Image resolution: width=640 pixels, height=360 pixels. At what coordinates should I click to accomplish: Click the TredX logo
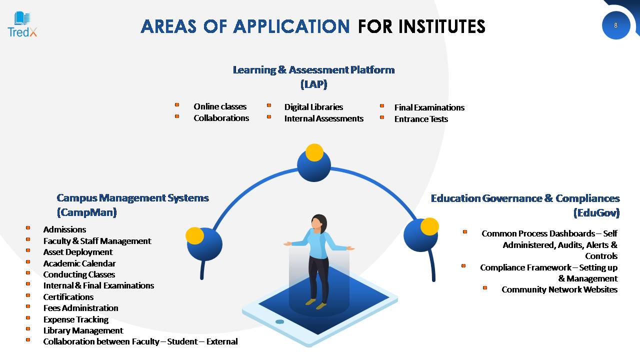(22, 24)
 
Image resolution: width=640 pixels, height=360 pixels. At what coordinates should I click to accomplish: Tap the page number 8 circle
(615, 25)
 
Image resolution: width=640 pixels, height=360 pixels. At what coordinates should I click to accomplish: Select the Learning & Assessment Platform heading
(313, 77)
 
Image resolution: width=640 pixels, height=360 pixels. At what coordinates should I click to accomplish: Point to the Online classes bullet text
(220, 106)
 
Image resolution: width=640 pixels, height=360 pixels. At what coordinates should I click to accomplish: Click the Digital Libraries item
(313, 107)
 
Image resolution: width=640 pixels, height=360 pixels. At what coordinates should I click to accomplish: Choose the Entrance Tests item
(421, 119)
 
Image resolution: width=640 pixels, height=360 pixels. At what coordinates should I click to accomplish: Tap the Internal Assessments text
(323, 118)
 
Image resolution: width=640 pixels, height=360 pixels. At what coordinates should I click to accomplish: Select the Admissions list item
(64, 229)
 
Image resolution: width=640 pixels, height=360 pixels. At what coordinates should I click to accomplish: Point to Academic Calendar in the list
(79, 263)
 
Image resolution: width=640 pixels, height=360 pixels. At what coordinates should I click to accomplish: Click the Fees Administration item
(80, 308)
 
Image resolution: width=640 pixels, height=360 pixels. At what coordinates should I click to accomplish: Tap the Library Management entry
(83, 330)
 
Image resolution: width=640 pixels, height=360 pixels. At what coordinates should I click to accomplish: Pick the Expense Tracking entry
(75, 319)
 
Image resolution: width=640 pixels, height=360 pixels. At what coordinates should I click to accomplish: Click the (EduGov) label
(596, 213)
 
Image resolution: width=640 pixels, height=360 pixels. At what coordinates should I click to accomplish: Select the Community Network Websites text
(559, 289)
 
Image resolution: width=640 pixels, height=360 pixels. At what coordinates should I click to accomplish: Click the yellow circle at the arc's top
(314, 152)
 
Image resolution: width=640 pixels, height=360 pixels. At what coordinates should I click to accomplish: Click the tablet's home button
(279, 321)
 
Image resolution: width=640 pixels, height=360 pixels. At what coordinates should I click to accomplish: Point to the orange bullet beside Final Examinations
(382, 105)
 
